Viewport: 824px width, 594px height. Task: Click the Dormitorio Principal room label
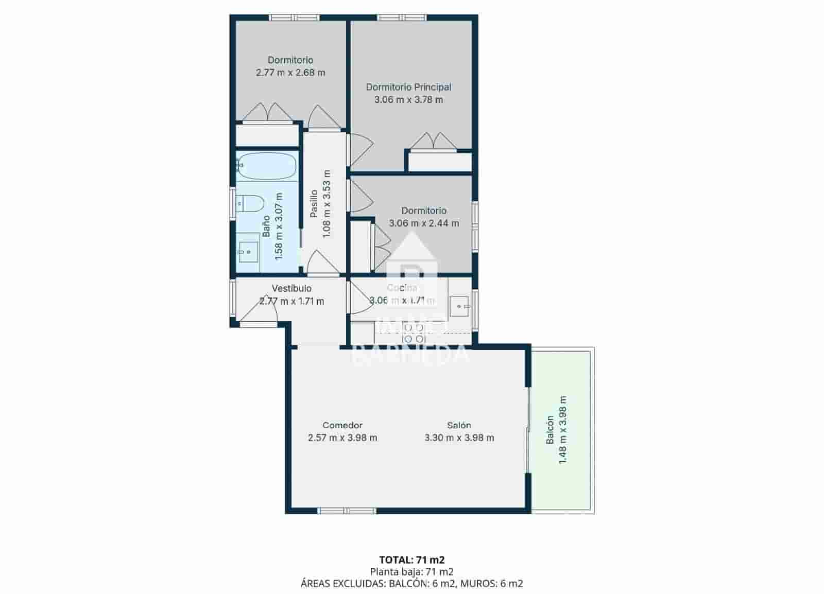[408, 87]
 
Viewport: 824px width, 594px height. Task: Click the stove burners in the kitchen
[414, 333]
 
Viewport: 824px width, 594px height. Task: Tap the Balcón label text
[550, 430]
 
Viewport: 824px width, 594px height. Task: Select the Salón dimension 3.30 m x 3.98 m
[459, 438]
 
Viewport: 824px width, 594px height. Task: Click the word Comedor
[342, 425]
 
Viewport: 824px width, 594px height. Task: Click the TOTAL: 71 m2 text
[411, 560]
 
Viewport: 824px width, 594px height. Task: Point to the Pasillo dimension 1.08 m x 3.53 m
[326, 203]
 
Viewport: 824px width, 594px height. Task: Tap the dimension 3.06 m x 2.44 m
[424, 223]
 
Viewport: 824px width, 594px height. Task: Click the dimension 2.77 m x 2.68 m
[290, 73]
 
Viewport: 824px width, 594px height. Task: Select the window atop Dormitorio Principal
[401, 18]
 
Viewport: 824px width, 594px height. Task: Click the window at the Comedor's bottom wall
[347, 511]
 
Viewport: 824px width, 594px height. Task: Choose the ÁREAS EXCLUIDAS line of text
[411, 583]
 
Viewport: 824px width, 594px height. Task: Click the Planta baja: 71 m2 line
[411, 571]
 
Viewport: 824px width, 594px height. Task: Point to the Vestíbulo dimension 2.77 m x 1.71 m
[291, 301]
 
